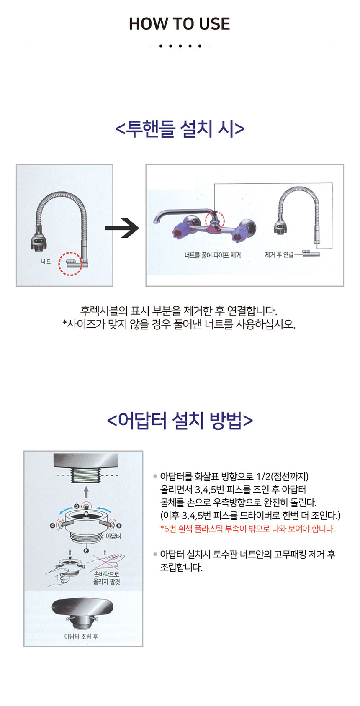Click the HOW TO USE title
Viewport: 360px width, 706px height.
coord(180,24)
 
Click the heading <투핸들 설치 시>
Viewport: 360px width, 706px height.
coord(180,128)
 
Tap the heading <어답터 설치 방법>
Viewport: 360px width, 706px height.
coord(180,420)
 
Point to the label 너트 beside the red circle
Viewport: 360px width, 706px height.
coord(46,262)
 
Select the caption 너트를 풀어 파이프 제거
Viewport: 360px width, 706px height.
coord(213,255)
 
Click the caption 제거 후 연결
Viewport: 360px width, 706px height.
coord(279,254)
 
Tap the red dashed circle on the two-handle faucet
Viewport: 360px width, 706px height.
coord(215,221)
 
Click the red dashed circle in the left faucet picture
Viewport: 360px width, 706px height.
coord(70,264)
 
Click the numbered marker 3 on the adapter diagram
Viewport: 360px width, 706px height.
coord(77,506)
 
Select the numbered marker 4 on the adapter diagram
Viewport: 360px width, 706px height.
coord(53,526)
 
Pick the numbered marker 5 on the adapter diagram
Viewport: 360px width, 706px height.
coord(119,526)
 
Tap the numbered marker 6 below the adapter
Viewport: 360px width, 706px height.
coord(86,551)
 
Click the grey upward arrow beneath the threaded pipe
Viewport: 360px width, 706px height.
coord(86,491)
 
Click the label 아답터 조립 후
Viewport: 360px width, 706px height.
coord(81,636)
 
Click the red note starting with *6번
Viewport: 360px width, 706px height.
coord(247,529)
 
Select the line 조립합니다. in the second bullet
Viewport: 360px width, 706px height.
coord(181,567)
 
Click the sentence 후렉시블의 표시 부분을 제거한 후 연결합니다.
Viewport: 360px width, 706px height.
coord(179,311)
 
